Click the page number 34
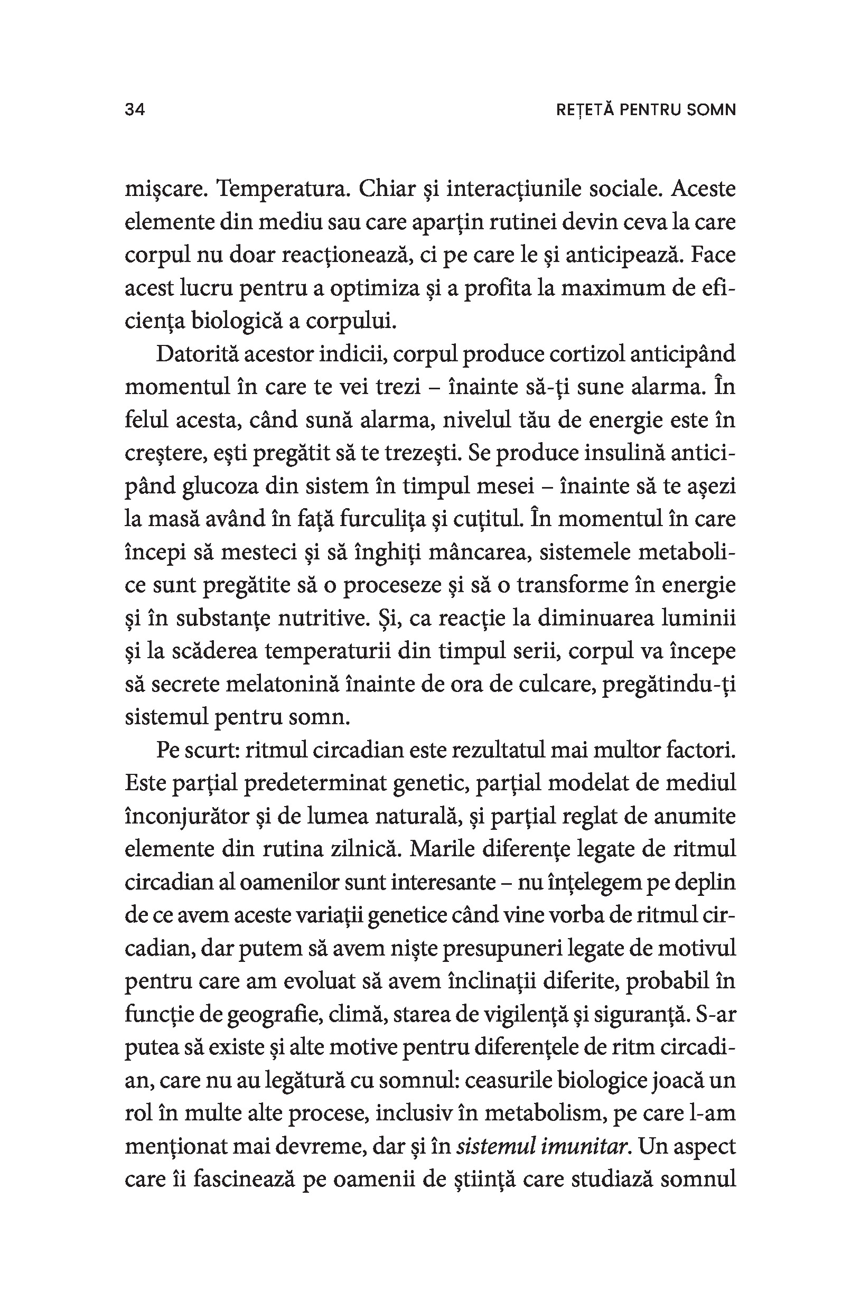(135, 110)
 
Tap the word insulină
(624, 453)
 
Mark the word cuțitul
(485, 519)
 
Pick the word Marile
(439, 849)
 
